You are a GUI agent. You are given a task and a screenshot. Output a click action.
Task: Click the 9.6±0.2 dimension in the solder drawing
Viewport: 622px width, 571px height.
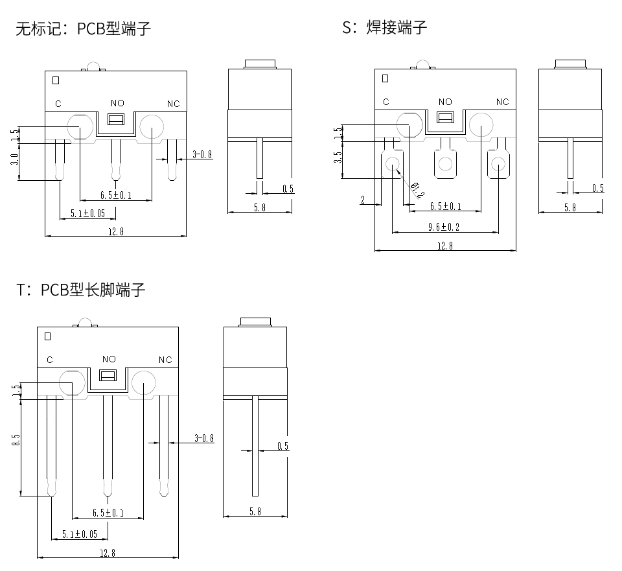coord(444,227)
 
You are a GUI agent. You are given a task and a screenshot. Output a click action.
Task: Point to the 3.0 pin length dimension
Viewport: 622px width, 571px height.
coord(15,159)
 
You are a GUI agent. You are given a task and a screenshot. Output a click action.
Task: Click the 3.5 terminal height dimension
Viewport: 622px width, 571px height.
coord(337,157)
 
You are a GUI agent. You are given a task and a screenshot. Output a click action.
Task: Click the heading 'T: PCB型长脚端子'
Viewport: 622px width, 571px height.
coord(82,290)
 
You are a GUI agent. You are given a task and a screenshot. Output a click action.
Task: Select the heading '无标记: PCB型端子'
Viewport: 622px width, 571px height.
coord(84,29)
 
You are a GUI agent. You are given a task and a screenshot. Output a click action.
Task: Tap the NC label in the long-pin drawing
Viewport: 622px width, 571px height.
coord(165,360)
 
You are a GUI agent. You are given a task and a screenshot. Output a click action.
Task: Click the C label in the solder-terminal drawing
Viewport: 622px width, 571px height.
coord(386,102)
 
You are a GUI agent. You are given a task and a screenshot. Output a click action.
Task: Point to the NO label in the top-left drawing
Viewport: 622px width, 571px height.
coord(117,103)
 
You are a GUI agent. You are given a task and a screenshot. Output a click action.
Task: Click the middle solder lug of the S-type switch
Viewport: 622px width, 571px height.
coord(445,163)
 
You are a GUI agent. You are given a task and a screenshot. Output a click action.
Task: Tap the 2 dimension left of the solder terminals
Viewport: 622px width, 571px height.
coord(363,201)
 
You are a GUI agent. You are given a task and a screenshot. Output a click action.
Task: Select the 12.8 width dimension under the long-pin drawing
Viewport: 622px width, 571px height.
coord(108,552)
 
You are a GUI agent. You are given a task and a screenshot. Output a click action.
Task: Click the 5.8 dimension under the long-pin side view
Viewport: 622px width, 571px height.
coord(255,511)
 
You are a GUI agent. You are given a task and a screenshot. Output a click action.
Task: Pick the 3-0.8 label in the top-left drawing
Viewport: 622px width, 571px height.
coord(203,154)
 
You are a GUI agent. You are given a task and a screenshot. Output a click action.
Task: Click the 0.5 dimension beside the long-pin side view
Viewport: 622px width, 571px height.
coord(282,446)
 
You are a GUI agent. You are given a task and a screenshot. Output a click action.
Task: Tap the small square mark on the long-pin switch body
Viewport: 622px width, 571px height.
coord(47,336)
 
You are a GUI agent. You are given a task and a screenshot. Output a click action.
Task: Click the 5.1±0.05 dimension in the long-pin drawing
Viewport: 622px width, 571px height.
coord(80,534)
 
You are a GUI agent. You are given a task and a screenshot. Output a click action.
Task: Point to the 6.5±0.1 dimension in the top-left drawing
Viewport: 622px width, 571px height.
coord(116,195)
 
